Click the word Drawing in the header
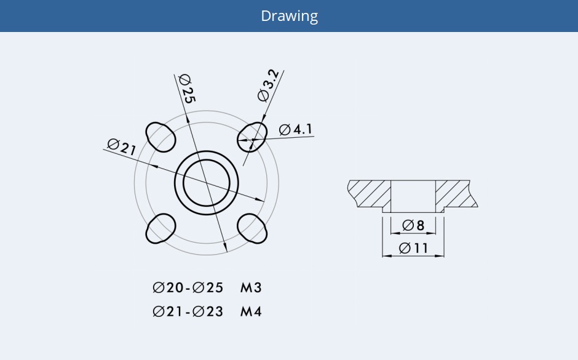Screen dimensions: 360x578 tap(289, 16)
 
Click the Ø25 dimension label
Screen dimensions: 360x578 tap(186, 89)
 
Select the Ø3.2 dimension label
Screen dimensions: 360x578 tap(269, 86)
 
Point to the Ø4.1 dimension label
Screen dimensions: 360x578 tap(296, 129)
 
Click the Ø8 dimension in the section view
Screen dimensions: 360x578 tap(413, 225)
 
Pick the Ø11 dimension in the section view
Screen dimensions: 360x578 tap(413, 248)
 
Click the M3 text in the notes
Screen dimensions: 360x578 tap(251, 287)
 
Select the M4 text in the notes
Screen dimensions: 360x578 tap(251, 311)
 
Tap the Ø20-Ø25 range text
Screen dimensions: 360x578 tap(188, 287)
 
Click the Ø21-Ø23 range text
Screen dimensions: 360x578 tap(188, 311)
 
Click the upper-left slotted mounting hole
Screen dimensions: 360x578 tap(160, 136)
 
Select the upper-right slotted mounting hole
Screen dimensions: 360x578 tap(253, 136)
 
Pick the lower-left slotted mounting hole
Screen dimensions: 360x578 tap(160, 228)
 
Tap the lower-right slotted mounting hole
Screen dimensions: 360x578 tap(253, 228)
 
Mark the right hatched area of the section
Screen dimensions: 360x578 tap(454, 193)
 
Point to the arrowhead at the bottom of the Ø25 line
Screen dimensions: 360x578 tap(226, 248)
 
